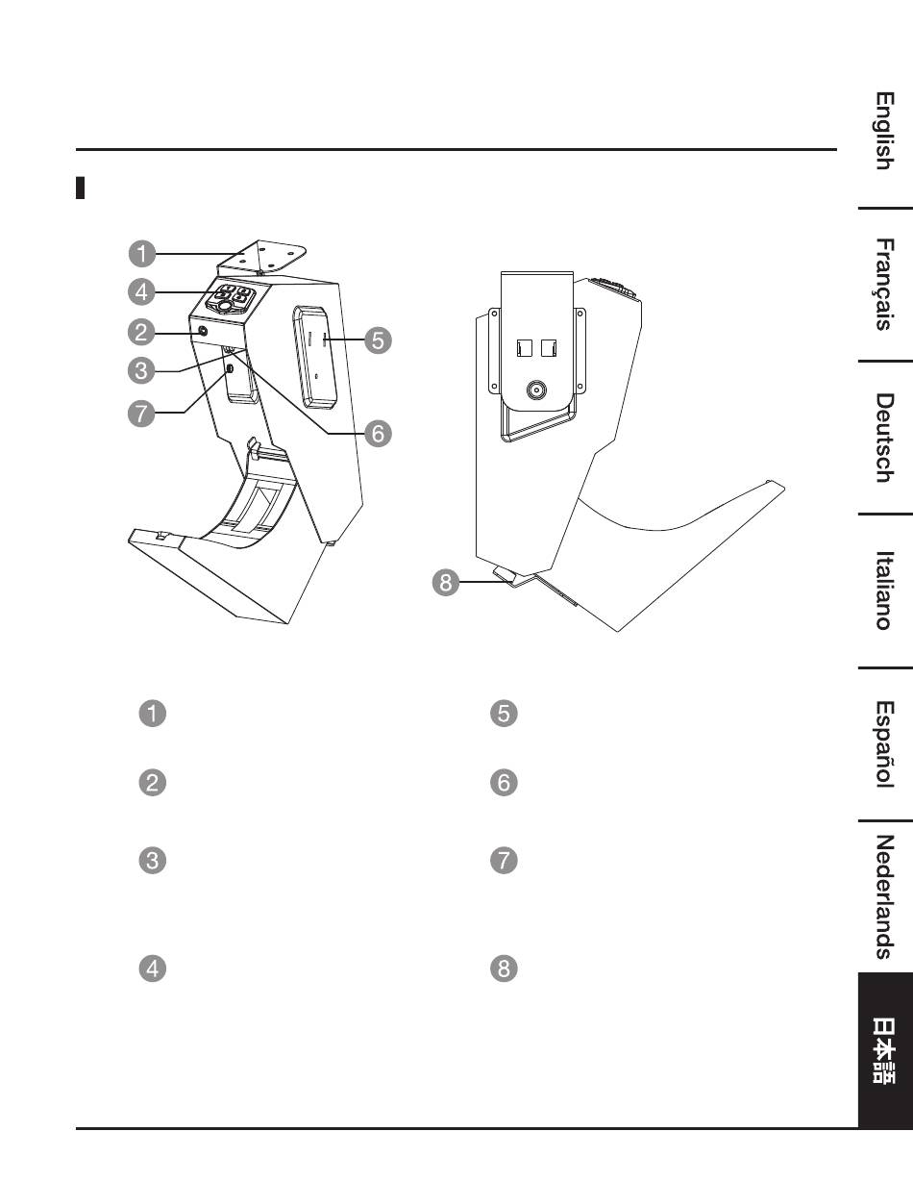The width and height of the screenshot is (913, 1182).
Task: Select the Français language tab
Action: [x=885, y=284]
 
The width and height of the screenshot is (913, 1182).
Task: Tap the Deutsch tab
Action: [x=885, y=437]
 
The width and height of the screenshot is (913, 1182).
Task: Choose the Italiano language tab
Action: [x=885, y=590]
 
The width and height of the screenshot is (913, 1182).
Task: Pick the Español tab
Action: [x=885, y=743]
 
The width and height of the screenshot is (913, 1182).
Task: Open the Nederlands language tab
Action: [x=885, y=896]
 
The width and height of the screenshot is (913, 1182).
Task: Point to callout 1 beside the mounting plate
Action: [x=142, y=254]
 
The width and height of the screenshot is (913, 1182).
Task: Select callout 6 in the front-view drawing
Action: [x=378, y=434]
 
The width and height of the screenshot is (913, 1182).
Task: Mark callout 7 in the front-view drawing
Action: [x=142, y=413]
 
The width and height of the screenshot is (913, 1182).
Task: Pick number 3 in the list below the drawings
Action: [x=155, y=861]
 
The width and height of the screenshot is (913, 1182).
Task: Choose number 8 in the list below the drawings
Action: [x=505, y=968]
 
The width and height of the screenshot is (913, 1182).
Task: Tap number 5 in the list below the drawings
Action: [x=505, y=714]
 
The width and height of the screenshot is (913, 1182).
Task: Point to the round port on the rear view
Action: [x=535, y=390]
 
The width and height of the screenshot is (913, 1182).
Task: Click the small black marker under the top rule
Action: [x=82, y=188]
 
